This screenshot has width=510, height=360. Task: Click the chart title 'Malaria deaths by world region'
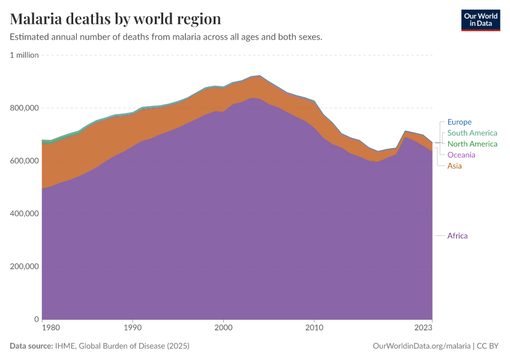[x=115, y=19]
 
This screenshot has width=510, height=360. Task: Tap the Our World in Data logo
[x=481, y=20]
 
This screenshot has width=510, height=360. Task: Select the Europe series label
[x=459, y=122]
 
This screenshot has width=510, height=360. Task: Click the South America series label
[x=472, y=133]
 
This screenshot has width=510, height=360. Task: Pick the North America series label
[x=472, y=144]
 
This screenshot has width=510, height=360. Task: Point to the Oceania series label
[x=461, y=155]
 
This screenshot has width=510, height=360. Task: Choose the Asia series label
[x=454, y=166]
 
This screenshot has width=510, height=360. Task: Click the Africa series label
[x=457, y=236]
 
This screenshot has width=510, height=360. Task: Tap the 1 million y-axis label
[x=24, y=55]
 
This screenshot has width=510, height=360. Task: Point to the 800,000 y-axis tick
[x=25, y=108]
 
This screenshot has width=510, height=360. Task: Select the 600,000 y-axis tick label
[x=25, y=161]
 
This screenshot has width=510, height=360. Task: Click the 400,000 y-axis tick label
[x=25, y=214]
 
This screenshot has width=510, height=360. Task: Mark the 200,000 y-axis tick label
[x=25, y=266]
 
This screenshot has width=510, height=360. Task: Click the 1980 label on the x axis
[x=51, y=328]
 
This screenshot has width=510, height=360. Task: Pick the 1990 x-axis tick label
[x=133, y=328]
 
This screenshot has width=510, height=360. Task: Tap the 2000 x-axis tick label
[x=223, y=328]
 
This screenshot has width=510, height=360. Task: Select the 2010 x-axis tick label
[x=314, y=328]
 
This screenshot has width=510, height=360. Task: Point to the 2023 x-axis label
[x=423, y=328]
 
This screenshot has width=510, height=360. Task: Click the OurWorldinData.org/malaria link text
[x=422, y=346]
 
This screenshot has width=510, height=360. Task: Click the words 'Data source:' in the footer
[x=31, y=346]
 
